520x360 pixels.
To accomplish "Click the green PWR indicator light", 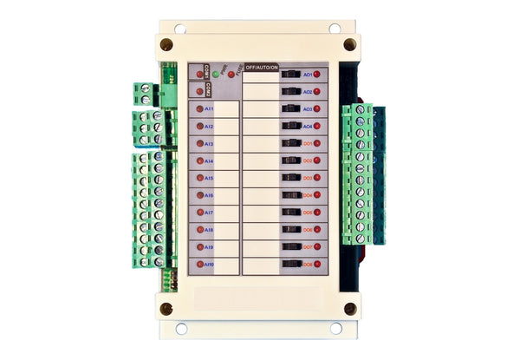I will [214, 75].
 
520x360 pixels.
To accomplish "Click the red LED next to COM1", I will [200, 75].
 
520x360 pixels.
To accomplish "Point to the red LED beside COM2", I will [200, 90].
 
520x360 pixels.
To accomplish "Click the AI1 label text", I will [209, 108].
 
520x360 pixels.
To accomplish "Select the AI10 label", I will [210, 264].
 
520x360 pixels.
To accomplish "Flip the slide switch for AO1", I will [290, 75].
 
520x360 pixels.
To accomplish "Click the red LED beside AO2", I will [317, 92].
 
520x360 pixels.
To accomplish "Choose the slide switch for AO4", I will [290, 127].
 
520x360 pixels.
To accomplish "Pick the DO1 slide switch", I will [290, 143].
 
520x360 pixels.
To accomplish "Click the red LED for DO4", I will [317, 195].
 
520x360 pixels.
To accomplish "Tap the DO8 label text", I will [308, 264].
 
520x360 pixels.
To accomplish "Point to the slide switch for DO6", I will [290, 230].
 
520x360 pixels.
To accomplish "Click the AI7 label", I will [209, 213].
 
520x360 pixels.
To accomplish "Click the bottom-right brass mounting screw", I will [349, 308].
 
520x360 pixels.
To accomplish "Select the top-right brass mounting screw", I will [349, 43].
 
